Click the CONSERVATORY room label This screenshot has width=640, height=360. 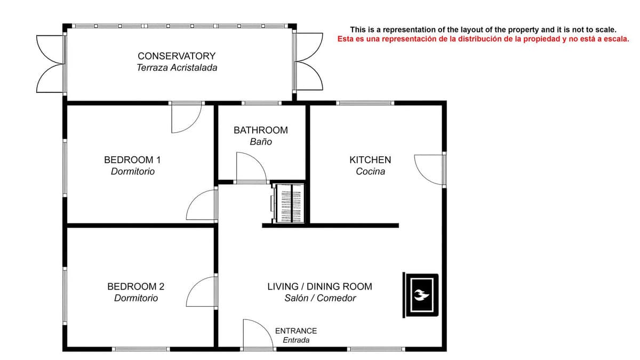(177, 56)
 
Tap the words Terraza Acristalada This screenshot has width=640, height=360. (177, 68)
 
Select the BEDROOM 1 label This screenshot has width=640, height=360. (132, 159)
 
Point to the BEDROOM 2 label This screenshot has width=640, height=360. (135, 286)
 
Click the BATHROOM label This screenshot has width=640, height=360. (261, 130)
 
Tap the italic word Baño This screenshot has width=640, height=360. (261, 142)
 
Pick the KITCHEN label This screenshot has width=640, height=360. (370, 159)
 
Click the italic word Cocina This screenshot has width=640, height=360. (370, 171)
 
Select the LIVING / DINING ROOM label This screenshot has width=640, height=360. (319, 286)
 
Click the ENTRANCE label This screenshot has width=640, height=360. (296, 331)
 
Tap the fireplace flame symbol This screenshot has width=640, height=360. (421, 295)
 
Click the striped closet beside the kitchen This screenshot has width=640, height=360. (289, 203)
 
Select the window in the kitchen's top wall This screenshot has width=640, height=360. (365, 103)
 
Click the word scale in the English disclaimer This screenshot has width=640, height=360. (605, 30)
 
